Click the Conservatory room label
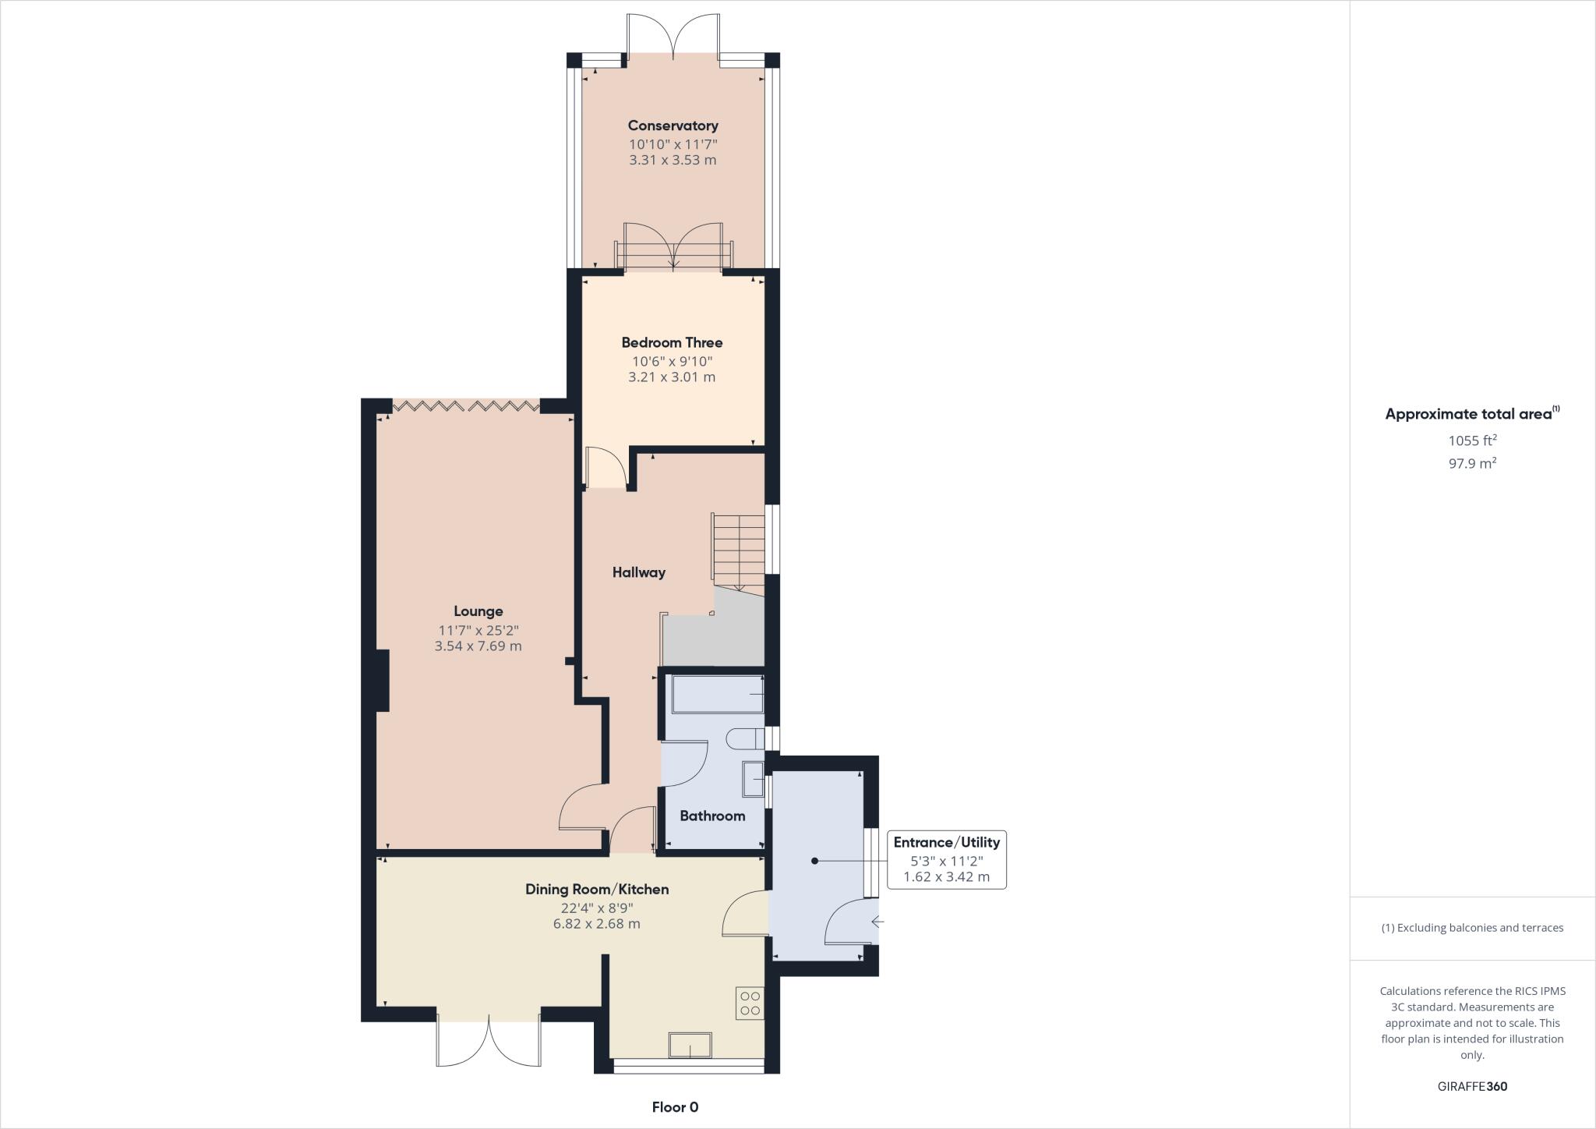[x=673, y=126]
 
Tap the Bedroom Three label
[x=672, y=342]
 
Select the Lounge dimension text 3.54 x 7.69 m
[x=478, y=646]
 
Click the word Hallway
[x=638, y=572]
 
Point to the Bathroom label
[x=712, y=816]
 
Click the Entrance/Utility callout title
[x=946, y=842]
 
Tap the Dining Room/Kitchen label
[x=597, y=890]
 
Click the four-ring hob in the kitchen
[x=750, y=1003]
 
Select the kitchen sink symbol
[x=690, y=1045]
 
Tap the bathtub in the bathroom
[x=717, y=694]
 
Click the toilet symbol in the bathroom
[x=744, y=738]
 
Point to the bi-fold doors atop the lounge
[x=465, y=405]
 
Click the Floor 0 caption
[x=675, y=1107]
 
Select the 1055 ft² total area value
[x=1472, y=441]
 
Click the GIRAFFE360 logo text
[x=1472, y=1086]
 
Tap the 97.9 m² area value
[x=1472, y=463]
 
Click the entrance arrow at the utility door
[x=877, y=922]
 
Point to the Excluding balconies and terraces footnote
[x=1472, y=928]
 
